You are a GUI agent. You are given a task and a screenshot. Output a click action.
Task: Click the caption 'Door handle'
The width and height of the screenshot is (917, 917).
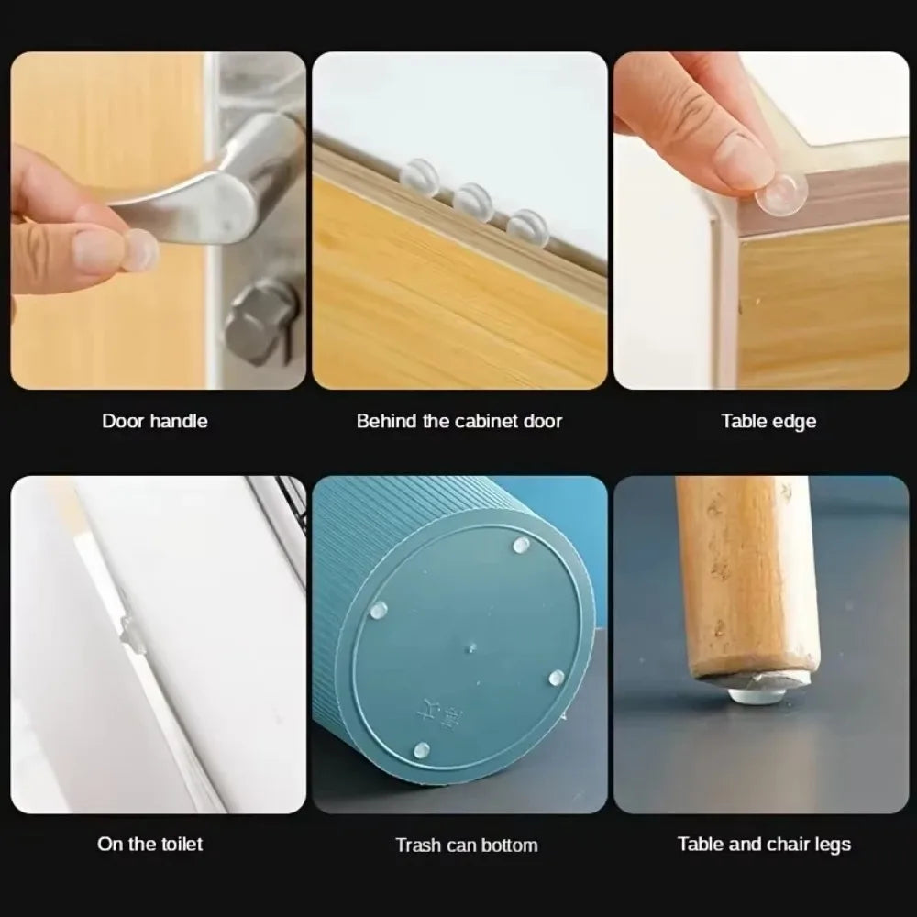tap(154, 422)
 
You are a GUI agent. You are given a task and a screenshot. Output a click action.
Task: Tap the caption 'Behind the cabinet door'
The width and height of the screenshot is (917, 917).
tap(458, 422)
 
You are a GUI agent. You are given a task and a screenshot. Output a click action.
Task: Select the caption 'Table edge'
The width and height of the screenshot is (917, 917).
tap(768, 422)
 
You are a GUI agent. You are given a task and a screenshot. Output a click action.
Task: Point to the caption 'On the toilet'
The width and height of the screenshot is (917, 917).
tap(150, 844)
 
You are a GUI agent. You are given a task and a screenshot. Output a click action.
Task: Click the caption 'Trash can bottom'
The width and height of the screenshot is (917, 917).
tap(466, 845)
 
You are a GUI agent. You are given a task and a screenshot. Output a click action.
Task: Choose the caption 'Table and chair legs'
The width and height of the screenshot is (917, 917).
tap(764, 844)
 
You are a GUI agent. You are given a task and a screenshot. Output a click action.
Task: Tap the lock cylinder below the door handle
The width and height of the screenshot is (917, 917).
tap(260, 321)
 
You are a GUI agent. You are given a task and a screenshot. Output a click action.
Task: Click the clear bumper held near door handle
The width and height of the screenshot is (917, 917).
tap(138, 250)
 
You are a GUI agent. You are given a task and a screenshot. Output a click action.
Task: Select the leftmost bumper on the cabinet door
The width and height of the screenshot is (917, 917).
tap(420, 175)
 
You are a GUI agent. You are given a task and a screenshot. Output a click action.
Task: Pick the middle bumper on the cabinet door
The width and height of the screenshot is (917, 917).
tap(473, 201)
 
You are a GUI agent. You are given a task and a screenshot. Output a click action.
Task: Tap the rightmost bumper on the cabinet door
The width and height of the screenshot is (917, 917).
tap(527, 226)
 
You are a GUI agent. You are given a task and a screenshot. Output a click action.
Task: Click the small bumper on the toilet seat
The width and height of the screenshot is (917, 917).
tap(131, 633)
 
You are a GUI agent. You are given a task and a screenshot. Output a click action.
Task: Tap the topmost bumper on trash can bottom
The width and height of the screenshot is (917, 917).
tap(520, 547)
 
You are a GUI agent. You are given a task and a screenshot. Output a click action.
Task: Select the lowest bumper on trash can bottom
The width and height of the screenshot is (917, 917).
tap(421, 750)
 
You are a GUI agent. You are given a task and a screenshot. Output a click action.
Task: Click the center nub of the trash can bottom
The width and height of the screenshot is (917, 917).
tap(470, 648)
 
